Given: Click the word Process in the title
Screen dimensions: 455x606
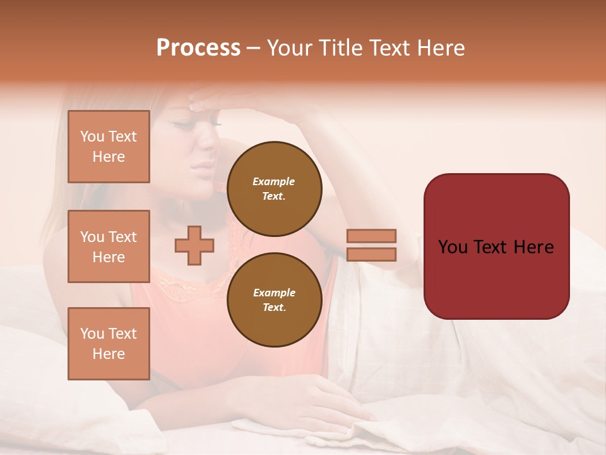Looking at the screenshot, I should click(198, 48).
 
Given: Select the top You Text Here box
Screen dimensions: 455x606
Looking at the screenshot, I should click(109, 147).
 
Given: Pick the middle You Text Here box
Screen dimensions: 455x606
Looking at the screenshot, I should click(109, 246).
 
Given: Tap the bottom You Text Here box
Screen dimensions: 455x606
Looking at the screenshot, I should click(109, 343).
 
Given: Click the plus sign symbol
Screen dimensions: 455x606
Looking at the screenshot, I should click(194, 246).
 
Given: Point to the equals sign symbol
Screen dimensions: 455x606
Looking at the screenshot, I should click(371, 245).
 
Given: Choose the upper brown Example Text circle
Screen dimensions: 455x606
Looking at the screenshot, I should click(275, 189).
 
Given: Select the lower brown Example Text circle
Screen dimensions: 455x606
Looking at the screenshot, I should click(275, 300).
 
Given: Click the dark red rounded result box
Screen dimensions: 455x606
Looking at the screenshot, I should click(496, 246).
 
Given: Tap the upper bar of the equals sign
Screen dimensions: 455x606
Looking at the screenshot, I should click(371, 236).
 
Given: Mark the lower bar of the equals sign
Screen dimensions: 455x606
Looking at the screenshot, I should click(371, 255).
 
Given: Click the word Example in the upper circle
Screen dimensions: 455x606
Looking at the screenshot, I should click(274, 182).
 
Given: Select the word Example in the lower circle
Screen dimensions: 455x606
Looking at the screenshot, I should click(274, 293).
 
